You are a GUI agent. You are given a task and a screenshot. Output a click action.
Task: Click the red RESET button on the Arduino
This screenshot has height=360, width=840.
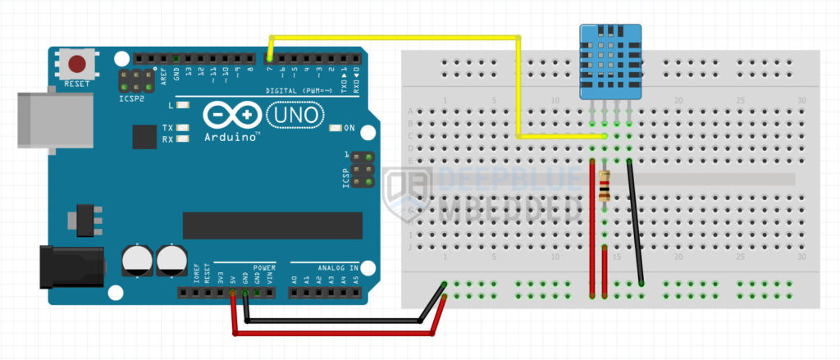[78, 64]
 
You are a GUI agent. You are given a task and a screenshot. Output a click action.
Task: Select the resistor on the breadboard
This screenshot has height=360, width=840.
[605, 186]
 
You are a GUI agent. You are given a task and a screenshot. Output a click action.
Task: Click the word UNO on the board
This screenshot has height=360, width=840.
[294, 116]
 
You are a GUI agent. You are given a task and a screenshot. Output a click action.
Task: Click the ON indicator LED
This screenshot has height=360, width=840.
[335, 128]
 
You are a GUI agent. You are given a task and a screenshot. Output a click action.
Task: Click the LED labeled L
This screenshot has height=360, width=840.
[181, 107]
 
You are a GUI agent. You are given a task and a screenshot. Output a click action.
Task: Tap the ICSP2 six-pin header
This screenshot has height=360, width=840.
[136, 80]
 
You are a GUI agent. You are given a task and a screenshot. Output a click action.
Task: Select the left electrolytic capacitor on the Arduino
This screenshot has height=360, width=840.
[137, 260]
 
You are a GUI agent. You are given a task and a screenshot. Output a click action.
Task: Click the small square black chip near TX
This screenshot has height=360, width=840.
[144, 136]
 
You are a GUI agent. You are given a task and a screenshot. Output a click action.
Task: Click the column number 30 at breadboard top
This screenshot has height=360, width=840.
[800, 101]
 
